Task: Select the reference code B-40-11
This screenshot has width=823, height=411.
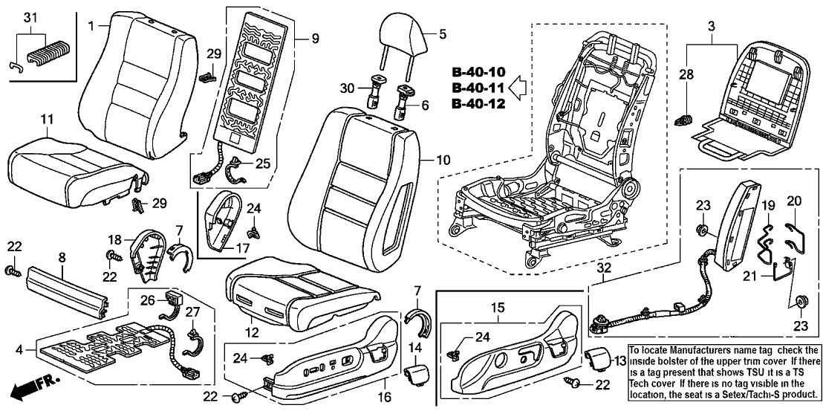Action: coord(478,88)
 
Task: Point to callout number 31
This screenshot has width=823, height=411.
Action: coord(29,17)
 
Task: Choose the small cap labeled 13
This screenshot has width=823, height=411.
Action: coord(599,362)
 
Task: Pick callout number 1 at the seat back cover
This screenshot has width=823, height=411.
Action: coord(91,26)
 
